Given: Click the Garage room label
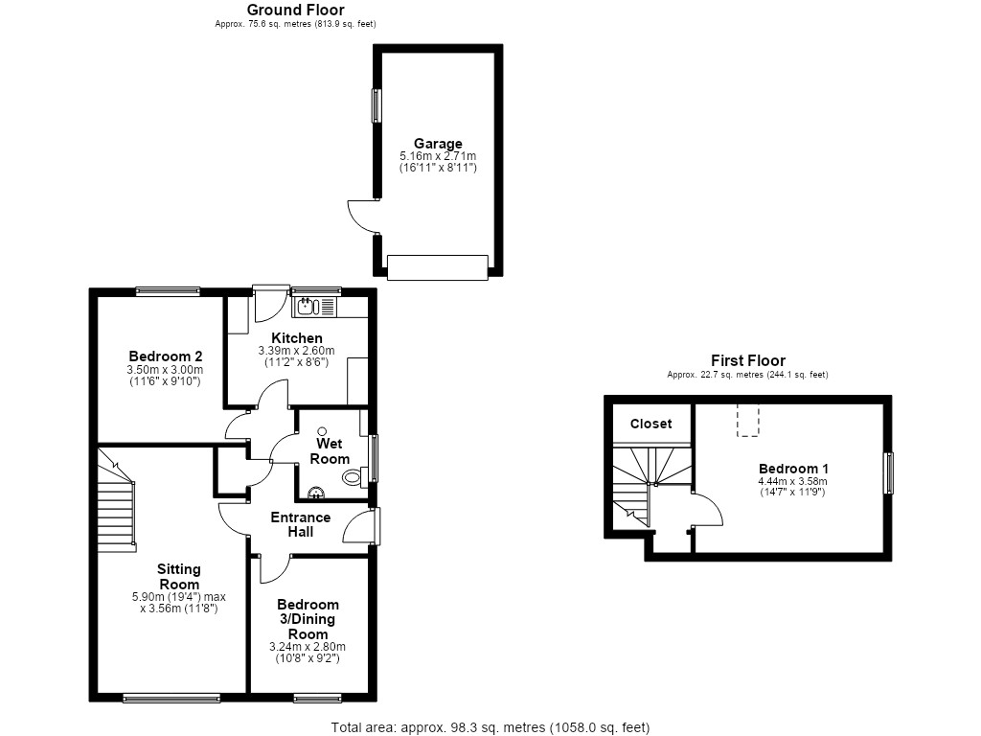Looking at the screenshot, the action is (x=438, y=144).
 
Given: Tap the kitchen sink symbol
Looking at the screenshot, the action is (x=314, y=307).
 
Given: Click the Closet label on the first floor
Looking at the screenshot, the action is (x=650, y=424).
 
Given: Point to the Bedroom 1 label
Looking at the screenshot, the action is (x=793, y=469).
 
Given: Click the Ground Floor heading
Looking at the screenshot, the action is (x=295, y=10).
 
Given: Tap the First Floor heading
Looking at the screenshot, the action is (x=747, y=360).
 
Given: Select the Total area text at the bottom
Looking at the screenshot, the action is (x=490, y=727).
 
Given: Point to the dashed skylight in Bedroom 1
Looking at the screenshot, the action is (x=747, y=420).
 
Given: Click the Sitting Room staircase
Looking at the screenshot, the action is (x=116, y=499).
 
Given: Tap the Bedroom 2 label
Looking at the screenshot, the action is (x=165, y=356).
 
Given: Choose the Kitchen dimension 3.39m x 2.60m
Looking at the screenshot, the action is (x=297, y=351).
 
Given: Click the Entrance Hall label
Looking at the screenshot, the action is (x=300, y=524).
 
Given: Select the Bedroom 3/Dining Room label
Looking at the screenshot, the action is (x=308, y=619).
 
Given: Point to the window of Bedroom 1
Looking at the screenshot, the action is (x=888, y=473).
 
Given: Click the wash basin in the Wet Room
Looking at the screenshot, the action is (x=316, y=494).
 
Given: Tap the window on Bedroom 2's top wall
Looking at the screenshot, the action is (x=168, y=291).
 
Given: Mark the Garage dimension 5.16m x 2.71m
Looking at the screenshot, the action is (x=438, y=156).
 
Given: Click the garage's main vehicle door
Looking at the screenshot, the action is (x=437, y=267).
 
